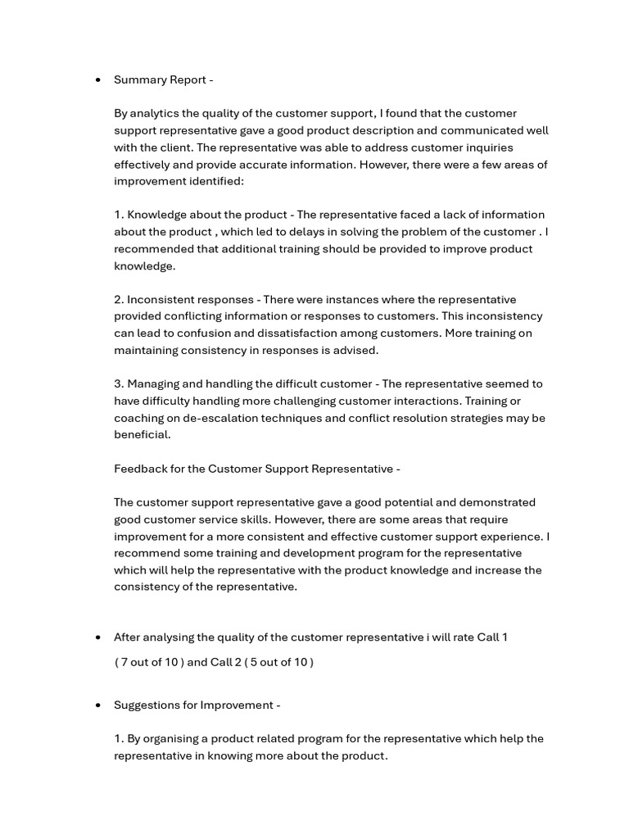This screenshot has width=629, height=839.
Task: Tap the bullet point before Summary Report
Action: [x=98, y=80]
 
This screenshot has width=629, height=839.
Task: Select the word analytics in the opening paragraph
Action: [x=158, y=113]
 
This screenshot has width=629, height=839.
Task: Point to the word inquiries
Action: [x=489, y=147]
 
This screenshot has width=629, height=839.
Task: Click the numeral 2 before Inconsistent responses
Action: [x=118, y=299]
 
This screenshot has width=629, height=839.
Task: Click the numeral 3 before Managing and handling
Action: [x=118, y=383]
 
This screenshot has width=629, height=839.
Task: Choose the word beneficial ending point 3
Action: [x=141, y=435]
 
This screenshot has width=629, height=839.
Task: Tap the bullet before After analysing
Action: [x=98, y=637]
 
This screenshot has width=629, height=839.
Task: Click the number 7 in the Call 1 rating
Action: [x=124, y=662]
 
